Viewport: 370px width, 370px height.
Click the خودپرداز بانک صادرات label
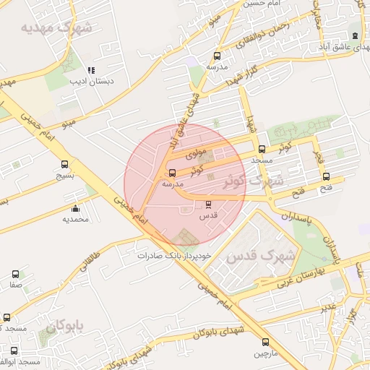pyautogui.click(x=176, y=256)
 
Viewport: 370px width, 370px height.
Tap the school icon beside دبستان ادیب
pyautogui.click(x=91, y=71)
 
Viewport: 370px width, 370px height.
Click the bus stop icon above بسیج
pyautogui.click(x=65, y=165)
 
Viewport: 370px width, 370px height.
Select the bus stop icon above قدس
pyautogui.click(x=209, y=205)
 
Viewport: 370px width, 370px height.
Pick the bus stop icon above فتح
pyautogui.click(x=326, y=176)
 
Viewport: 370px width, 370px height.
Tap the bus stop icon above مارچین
pyautogui.click(x=264, y=342)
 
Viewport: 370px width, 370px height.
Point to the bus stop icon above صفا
pyautogui.click(x=16, y=275)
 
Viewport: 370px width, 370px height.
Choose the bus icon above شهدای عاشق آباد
pyautogui.click(x=354, y=35)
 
